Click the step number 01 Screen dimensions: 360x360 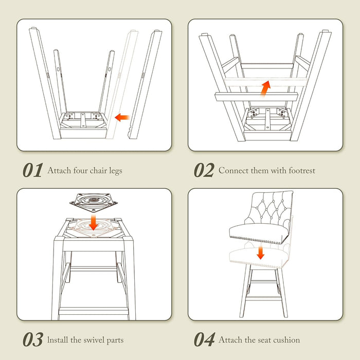(32, 170)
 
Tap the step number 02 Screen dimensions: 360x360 (204, 170)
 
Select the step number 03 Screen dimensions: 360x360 (32, 339)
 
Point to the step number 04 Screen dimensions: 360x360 (204, 339)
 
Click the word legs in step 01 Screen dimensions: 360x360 (116, 171)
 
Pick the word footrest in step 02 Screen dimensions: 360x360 (302, 170)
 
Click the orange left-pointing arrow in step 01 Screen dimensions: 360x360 (122, 118)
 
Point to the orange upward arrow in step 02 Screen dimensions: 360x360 (265, 88)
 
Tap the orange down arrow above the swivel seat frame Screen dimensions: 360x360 (94, 222)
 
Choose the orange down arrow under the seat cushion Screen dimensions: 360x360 (260, 253)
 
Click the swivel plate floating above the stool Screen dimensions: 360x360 (94, 202)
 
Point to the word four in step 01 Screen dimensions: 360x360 (80, 170)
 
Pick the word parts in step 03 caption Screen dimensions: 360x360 (115, 340)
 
